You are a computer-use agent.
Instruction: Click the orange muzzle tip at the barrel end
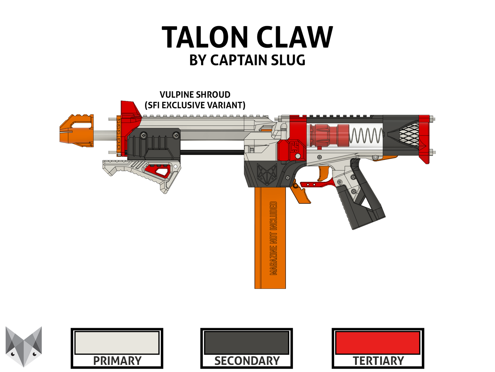pyautogui.click(x=77, y=131)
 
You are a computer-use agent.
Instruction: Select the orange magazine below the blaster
pyautogui.click(x=270, y=238)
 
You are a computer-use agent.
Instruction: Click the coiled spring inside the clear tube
pyautogui.click(x=366, y=135)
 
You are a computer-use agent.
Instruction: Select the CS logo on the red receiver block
pyautogui.click(x=294, y=147)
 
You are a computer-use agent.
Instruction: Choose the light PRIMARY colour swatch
pyautogui.click(x=117, y=343)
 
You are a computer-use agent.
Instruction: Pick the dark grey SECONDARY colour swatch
pyautogui.click(x=246, y=343)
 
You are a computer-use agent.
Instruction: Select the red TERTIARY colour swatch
pyautogui.click(x=378, y=343)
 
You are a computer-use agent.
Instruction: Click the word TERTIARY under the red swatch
pyautogui.click(x=378, y=361)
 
